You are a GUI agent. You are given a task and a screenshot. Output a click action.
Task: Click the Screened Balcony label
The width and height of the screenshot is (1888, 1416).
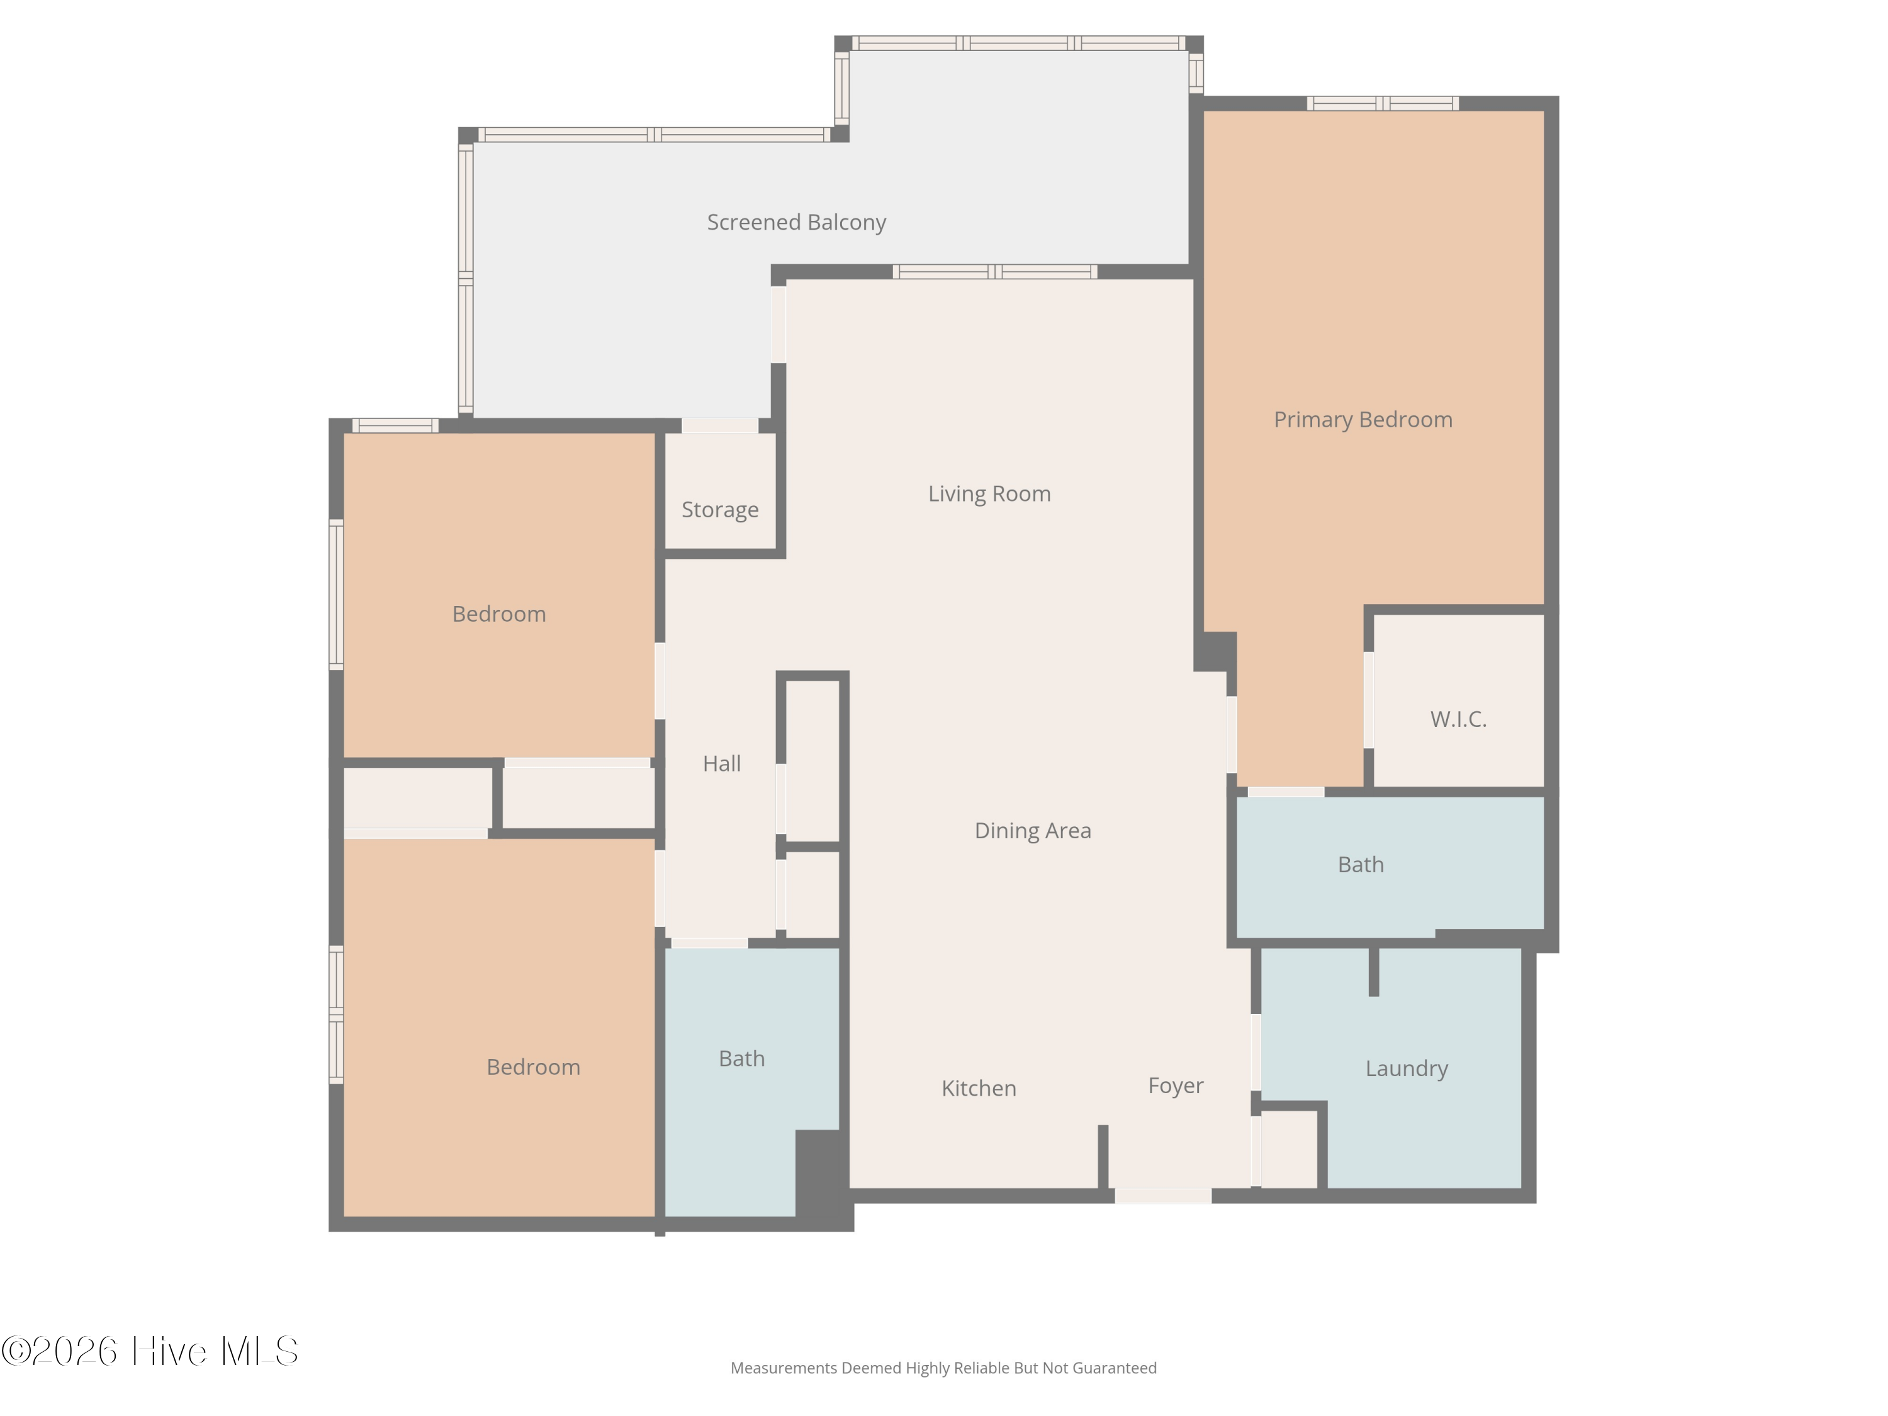coord(796,223)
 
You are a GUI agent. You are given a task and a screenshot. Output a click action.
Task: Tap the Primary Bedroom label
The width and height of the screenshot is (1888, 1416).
coord(1363,420)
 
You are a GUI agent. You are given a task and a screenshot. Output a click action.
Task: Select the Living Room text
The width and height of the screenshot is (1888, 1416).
coord(989,494)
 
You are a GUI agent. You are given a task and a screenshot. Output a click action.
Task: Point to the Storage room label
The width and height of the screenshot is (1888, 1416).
coord(719,510)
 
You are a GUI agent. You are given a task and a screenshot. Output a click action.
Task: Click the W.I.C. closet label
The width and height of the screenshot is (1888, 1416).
coord(1459,719)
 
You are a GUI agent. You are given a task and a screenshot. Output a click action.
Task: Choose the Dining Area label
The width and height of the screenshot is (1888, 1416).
coord(1033,831)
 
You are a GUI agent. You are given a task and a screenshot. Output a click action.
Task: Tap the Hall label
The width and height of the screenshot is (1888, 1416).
coord(721,764)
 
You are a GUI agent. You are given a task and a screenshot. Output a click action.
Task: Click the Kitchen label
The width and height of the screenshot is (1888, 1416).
coord(979,1088)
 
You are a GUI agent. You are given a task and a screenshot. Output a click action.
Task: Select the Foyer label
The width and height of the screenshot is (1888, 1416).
coord(1176,1086)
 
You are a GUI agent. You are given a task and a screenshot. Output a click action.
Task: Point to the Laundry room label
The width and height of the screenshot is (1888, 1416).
coord(1407,1069)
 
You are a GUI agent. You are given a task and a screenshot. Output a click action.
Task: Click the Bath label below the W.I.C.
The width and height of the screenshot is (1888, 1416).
coord(1361,865)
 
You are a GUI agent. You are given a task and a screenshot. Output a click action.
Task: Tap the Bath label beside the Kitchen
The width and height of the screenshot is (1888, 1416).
coord(742,1059)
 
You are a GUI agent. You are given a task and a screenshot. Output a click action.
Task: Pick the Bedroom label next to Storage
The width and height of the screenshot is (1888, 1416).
coord(499,614)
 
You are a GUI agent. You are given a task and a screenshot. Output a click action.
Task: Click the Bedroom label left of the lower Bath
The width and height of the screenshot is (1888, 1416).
coord(534,1067)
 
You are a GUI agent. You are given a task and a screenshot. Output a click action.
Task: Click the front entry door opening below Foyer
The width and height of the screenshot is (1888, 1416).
coord(1164,1196)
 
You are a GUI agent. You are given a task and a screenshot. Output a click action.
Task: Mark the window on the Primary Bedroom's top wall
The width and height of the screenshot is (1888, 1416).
coord(1383,103)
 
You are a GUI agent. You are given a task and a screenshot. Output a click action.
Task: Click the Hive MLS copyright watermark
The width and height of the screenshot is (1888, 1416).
coord(150,1351)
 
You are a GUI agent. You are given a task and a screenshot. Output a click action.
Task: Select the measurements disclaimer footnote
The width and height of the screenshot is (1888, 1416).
coord(943,1368)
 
